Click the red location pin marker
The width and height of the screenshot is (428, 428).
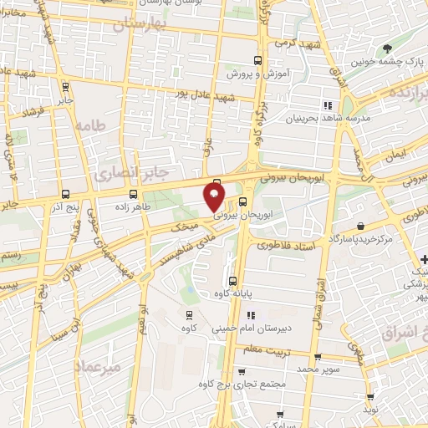215,196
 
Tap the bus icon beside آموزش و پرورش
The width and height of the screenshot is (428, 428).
257,60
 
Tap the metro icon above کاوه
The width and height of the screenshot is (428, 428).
190,315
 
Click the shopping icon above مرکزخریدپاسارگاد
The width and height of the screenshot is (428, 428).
359,226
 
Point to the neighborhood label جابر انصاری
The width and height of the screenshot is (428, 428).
112,173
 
